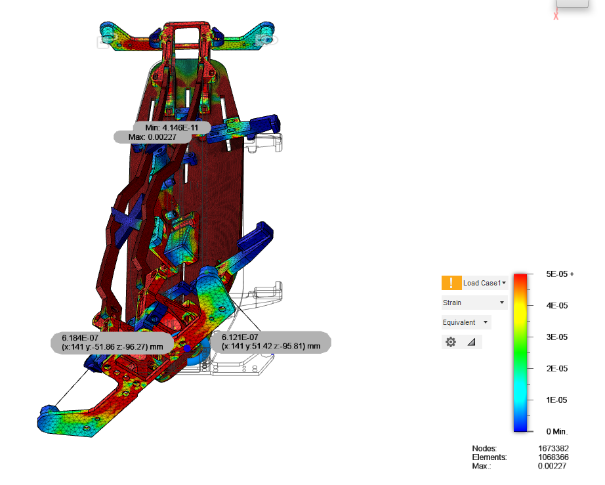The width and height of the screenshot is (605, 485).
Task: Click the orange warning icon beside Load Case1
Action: (451, 283)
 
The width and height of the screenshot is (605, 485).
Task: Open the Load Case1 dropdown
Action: (485, 283)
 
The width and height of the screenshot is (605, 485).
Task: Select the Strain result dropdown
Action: (474, 303)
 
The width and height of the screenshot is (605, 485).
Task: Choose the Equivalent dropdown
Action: (466, 322)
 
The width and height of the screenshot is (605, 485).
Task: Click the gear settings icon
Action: (451, 342)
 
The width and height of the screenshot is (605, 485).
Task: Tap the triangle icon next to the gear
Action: (472, 342)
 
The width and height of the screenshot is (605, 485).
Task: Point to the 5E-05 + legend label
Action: (560, 274)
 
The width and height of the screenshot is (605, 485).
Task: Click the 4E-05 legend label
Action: (556, 306)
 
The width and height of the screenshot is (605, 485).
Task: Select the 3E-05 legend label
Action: (556, 337)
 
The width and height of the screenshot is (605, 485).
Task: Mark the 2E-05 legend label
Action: (556, 368)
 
